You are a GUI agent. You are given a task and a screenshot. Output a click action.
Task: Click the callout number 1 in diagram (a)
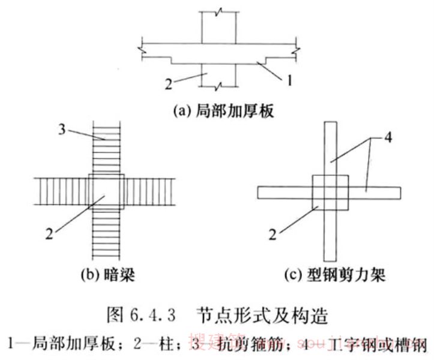click(289, 79)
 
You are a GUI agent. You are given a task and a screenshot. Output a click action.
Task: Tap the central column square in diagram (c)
click(330, 193)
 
